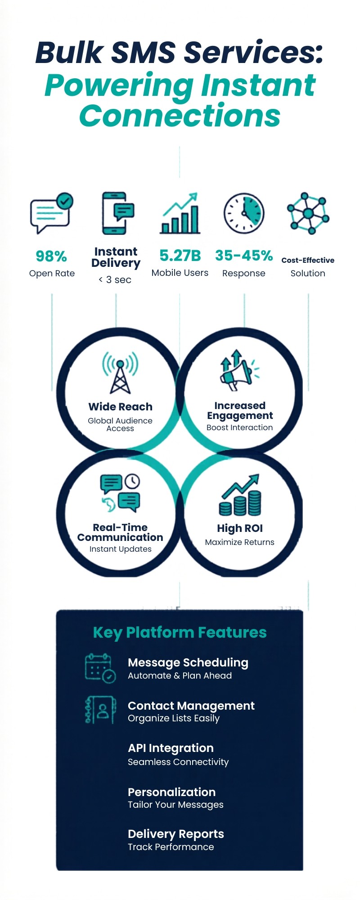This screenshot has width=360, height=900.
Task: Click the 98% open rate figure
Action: point(51,256)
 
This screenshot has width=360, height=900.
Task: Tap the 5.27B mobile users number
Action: point(180,256)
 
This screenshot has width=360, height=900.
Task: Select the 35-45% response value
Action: point(244,256)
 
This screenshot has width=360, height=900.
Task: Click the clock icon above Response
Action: point(244,214)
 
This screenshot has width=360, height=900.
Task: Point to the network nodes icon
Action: point(308,213)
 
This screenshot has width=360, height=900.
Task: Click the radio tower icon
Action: point(120,372)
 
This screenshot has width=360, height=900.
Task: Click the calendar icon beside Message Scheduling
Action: point(100,668)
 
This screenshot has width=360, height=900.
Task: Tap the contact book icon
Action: point(100,710)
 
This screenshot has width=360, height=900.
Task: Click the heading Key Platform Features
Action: point(180,632)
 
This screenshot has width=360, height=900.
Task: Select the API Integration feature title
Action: point(171,748)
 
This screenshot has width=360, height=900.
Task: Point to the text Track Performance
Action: point(171,847)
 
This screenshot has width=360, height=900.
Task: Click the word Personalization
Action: point(171,792)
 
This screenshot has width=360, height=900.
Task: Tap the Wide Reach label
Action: point(120,407)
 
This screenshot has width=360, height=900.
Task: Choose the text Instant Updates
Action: point(120,549)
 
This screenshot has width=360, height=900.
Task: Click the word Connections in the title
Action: point(180,116)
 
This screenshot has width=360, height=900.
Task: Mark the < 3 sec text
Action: point(115,280)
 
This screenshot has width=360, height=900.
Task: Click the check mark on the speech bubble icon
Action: point(65,201)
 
